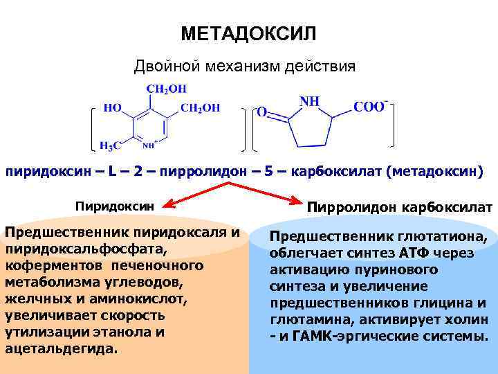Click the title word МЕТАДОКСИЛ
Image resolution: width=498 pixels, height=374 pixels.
tap(248, 33)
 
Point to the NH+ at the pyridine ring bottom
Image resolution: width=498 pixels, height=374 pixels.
tap(150, 145)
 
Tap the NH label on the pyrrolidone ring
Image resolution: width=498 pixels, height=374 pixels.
tap(309, 101)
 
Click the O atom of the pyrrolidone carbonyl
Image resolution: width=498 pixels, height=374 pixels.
tap(261, 111)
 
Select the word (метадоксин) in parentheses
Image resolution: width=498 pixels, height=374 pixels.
tap(435, 170)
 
